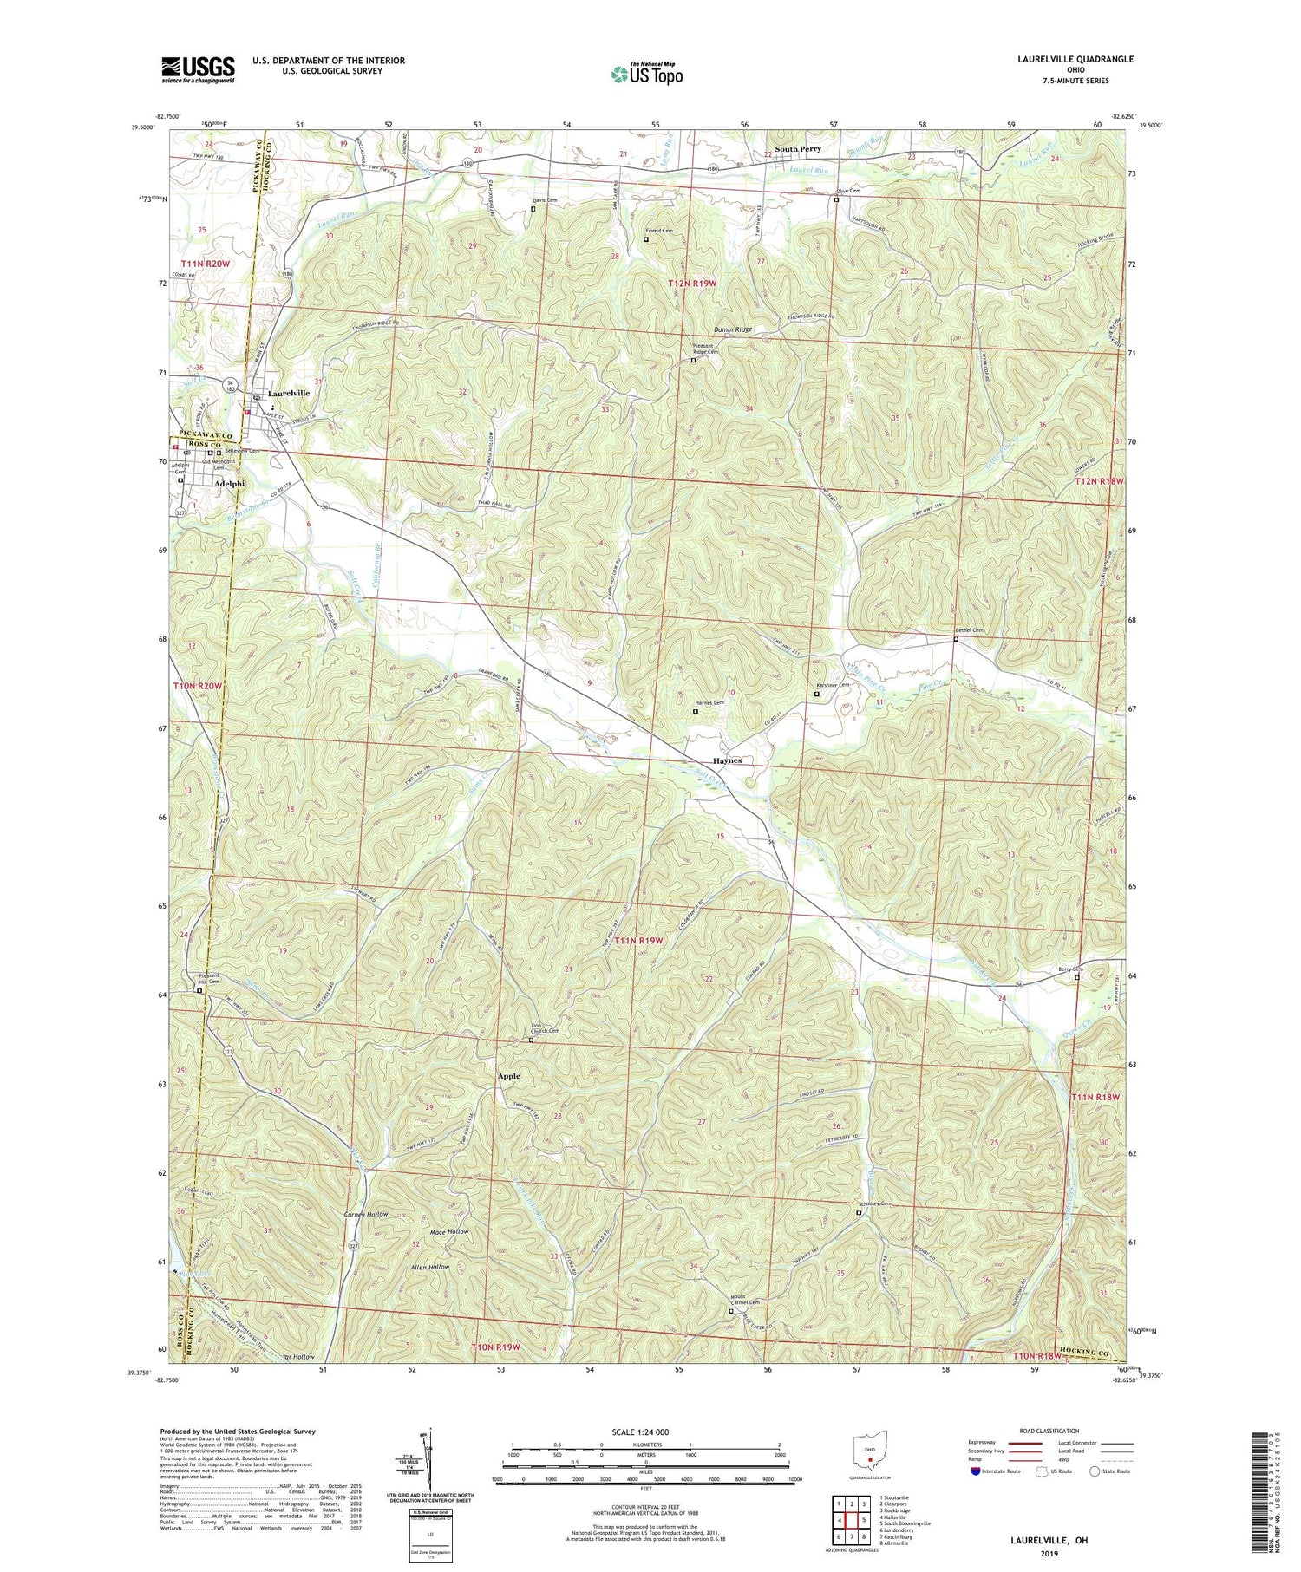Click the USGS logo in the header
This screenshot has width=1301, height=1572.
198,69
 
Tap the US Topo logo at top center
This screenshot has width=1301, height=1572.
646,73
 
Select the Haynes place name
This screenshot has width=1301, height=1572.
727,760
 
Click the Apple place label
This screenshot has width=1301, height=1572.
509,1076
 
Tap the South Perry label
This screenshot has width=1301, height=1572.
798,149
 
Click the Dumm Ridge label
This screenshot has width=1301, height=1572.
733,330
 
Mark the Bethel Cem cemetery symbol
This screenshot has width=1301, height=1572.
956,639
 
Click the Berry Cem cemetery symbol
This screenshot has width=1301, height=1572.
1077,978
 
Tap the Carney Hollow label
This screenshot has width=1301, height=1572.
366,1214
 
